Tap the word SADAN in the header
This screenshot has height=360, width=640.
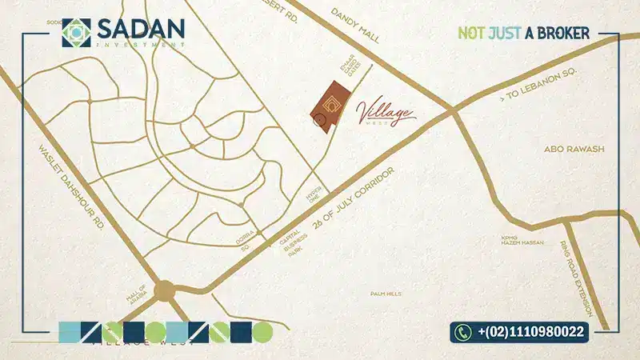click(141, 28)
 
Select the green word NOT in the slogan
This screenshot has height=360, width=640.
click(472, 33)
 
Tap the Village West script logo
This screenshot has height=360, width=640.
click(389, 111)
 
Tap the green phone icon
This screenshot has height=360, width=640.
click(463, 331)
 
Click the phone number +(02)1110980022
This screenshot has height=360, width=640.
click(530, 331)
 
